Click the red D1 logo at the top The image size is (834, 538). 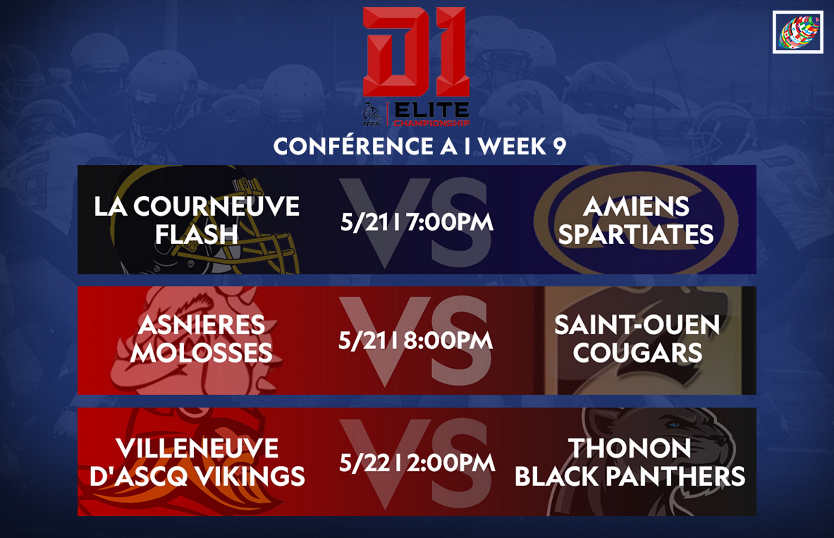point(416,52)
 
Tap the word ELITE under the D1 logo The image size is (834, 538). point(432,111)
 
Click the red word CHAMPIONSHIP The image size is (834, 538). point(432,123)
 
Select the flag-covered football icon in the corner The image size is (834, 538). point(798,32)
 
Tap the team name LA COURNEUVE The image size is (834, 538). point(197,206)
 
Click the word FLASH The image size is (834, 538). point(197,234)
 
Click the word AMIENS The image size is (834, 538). point(636,206)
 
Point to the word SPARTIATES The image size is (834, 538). point(636,234)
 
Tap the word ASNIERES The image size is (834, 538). point(201,325)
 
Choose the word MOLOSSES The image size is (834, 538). point(201,352)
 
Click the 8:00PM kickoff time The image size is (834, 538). point(448,340)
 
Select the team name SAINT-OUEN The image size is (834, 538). point(637,325)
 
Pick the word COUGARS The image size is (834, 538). point(637,352)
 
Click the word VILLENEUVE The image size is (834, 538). point(197,448)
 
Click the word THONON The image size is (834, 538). point(630,448)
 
